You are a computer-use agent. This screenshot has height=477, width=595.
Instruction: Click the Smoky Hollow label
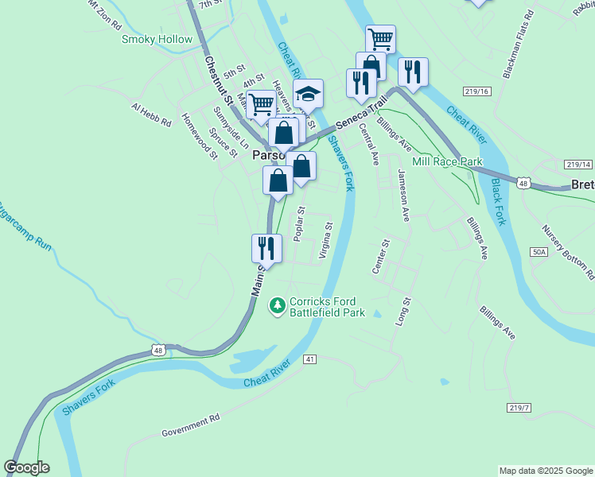[x=157, y=39]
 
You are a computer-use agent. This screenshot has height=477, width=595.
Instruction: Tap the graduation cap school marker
[x=308, y=95]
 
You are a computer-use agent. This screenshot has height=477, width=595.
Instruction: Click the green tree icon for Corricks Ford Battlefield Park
[x=277, y=305]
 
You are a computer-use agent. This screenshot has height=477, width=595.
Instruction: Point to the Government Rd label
[x=190, y=425]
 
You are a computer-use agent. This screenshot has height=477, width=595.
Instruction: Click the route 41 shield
[x=309, y=359]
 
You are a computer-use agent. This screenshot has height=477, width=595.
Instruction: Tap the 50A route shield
[x=539, y=251]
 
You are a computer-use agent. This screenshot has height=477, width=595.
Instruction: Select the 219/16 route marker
[x=477, y=92]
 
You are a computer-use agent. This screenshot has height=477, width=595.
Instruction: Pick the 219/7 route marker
[x=517, y=407]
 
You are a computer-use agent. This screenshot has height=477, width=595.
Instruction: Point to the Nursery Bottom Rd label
[x=568, y=251]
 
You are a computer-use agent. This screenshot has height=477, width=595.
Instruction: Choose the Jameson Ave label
[x=404, y=196]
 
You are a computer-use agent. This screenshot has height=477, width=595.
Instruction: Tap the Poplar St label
[x=300, y=224]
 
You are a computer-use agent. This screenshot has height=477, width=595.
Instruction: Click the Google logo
[x=27, y=467]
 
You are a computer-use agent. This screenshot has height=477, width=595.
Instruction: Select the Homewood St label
[x=199, y=135]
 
